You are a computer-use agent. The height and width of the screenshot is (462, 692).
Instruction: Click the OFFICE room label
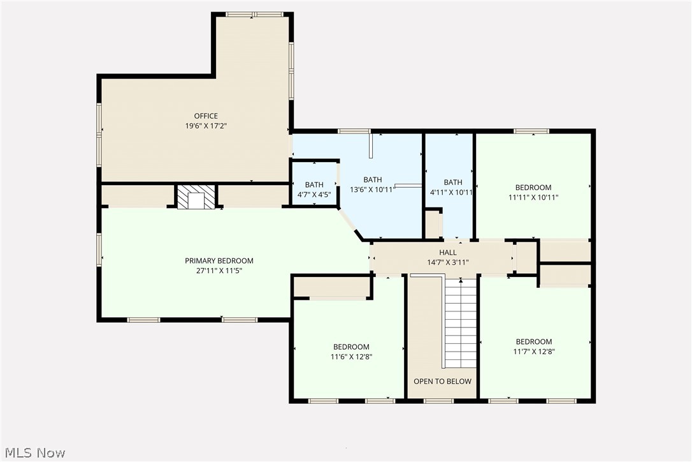206,116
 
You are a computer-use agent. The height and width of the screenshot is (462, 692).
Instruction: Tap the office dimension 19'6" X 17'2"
206,126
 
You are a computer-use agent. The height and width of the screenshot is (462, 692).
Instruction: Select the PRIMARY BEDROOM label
219,260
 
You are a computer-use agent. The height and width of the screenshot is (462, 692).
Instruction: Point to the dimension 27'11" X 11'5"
219,271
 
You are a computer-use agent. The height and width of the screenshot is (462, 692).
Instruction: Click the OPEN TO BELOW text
442,382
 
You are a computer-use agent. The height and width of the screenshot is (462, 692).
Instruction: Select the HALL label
447,253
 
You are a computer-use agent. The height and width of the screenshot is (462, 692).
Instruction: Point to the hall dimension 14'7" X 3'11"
447,262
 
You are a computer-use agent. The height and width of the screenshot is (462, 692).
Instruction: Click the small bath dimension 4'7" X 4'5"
314,195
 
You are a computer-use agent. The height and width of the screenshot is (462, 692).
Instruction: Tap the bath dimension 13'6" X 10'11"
373,190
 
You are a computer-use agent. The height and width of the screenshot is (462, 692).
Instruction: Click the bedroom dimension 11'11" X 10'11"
533,197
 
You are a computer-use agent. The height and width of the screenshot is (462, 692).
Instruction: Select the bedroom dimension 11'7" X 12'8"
534,351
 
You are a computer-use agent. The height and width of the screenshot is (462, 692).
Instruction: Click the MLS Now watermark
33,453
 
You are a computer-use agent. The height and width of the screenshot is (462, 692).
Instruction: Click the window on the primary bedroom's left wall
99,248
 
